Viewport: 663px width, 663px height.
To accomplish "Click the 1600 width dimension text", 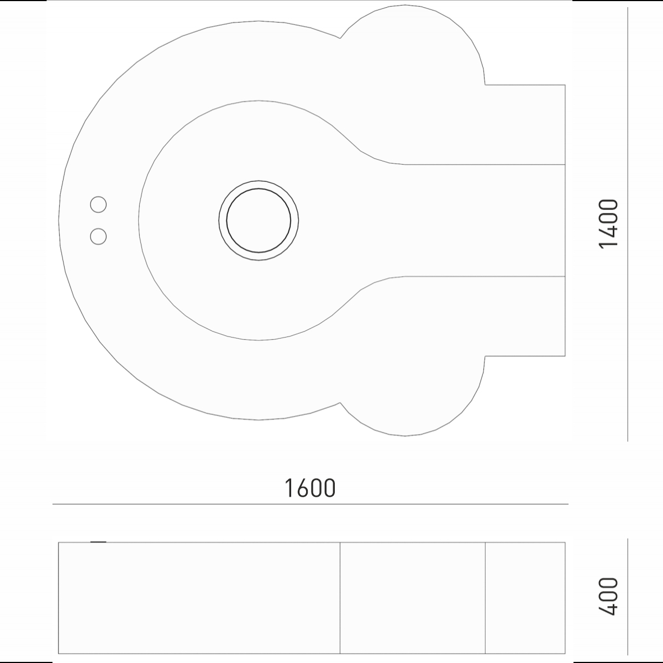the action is pyautogui.click(x=309, y=487).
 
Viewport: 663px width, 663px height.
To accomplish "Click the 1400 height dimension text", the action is pyautogui.click(x=608, y=224).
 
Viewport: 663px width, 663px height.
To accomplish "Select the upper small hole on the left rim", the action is pyautogui.click(x=98, y=205).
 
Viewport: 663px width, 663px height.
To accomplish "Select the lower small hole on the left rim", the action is pyautogui.click(x=98, y=236).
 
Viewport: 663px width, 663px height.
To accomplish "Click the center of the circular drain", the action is pyautogui.click(x=259, y=220).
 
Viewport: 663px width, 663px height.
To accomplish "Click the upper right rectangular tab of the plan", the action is pyautogui.click(x=525, y=124).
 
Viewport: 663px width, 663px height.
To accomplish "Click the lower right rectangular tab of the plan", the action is pyautogui.click(x=525, y=316).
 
